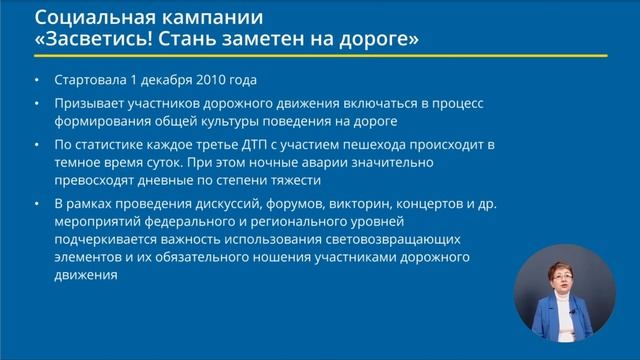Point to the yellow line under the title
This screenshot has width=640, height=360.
[320, 57]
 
